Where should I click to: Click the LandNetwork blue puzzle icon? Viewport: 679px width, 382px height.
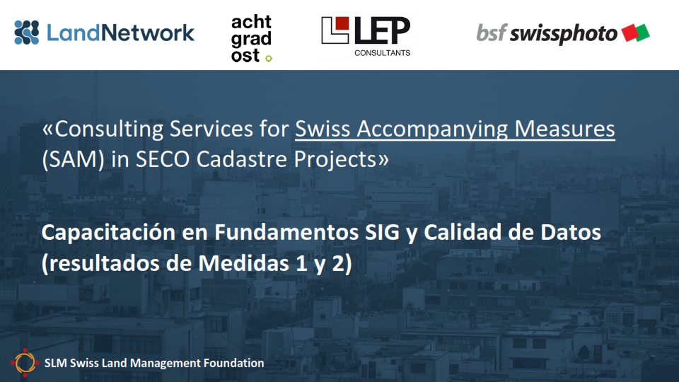click(x=26, y=33)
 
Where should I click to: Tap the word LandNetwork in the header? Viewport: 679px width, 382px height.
click(x=120, y=33)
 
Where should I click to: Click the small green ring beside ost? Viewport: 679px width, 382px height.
click(x=269, y=59)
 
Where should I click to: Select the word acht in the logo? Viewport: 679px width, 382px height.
click(x=251, y=22)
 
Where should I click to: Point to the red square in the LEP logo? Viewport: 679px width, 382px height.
click(x=342, y=24)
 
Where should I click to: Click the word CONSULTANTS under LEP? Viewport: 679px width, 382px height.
click(x=383, y=53)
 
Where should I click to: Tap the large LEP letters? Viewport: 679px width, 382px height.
click(x=382, y=30)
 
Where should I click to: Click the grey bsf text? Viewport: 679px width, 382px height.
click(x=491, y=33)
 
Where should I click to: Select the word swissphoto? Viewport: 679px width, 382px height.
click(x=564, y=34)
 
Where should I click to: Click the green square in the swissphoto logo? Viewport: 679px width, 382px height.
click(x=642, y=33)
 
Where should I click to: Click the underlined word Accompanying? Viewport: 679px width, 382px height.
click(x=431, y=129)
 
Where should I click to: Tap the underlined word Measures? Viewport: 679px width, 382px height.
click(x=564, y=129)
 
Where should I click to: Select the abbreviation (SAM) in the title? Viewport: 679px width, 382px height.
click(x=73, y=159)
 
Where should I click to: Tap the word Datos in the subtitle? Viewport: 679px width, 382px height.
click(x=570, y=232)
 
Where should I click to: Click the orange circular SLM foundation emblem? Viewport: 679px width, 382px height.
click(x=25, y=362)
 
